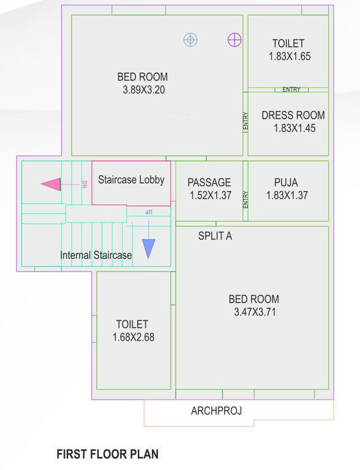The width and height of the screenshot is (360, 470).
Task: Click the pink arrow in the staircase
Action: pos(51,184)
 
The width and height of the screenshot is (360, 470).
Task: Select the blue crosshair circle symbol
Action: pos(191,40)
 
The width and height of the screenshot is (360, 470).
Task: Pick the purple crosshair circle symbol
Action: pos(234,40)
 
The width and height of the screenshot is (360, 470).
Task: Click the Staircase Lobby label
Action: pos(131,180)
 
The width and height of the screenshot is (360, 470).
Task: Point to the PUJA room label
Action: pos(287,182)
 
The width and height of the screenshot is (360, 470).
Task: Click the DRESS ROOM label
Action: pos(293,115)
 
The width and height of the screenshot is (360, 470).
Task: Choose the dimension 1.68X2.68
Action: pos(133,337)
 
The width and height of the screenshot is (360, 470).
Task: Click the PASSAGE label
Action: pos(209,182)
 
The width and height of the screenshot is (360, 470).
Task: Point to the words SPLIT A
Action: pos(215,236)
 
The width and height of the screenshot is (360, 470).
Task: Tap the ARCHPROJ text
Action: pos(216,411)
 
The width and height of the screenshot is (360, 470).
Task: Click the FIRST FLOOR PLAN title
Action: pos(107,454)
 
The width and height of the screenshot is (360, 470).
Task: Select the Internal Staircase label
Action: pos(96,255)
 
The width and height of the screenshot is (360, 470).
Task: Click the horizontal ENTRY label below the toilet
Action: pos(291,90)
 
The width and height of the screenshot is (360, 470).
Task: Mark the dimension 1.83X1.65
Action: pos(290,56)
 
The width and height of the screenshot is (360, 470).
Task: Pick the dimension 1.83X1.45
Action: pos(294,129)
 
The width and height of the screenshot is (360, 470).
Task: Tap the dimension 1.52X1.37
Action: pos(210,195)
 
